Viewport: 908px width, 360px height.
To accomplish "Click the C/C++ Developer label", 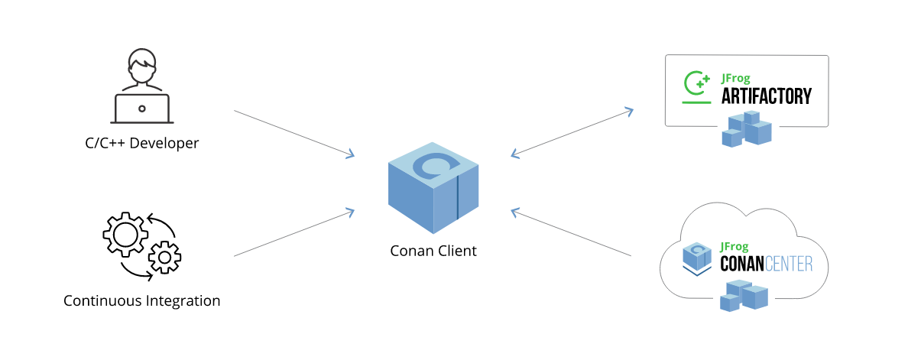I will [142, 143].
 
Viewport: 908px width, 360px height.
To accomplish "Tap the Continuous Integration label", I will [142, 300].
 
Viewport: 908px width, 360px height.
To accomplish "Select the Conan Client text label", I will [433, 251].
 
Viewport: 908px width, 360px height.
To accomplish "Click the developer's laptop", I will [142, 109].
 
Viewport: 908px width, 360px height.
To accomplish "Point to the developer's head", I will [142, 68].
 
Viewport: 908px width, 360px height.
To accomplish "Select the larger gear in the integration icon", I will [125, 234].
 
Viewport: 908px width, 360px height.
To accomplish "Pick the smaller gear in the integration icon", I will [164, 257].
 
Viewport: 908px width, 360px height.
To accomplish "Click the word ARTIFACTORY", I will [767, 96].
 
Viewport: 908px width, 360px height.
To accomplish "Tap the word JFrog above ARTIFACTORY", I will [737, 79].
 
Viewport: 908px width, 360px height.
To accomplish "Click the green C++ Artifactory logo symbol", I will [696, 86].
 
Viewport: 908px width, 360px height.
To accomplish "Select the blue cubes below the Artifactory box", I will [747, 128].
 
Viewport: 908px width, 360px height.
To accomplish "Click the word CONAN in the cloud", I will [744, 264].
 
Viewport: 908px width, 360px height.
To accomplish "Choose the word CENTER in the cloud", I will [791, 264].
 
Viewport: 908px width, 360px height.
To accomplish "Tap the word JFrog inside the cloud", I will [736, 246].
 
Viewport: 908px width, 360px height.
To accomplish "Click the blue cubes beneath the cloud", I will [743, 296].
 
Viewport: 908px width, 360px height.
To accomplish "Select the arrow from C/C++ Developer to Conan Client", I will [294, 134].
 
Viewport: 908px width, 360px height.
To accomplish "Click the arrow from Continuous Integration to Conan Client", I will [294, 232].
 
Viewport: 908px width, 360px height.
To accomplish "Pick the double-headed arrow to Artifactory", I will [572, 133].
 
